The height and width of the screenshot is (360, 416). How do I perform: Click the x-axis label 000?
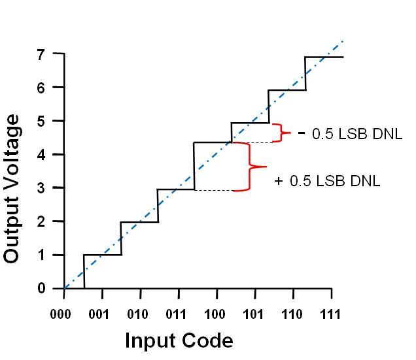pyautogui.click(x=64, y=313)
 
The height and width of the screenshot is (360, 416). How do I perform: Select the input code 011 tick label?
pyautogui.click(x=176, y=313)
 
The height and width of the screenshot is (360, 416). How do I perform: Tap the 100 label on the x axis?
pyautogui.click(x=214, y=313)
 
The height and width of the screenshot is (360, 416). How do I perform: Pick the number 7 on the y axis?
pyautogui.click(x=41, y=54)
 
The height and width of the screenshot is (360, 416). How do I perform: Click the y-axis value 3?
pyautogui.click(x=41, y=188)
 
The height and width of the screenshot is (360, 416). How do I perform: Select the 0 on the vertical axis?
pyautogui.click(x=41, y=288)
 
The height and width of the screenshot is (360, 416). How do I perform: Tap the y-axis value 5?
pyautogui.click(x=41, y=121)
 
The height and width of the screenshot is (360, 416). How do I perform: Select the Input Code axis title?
pyautogui.click(x=179, y=340)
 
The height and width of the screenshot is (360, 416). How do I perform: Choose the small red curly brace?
pyautogui.click(x=281, y=133)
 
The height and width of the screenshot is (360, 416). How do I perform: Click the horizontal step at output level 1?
pyautogui.click(x=103, y=255)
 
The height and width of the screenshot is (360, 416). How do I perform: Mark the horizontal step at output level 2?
pyautogui.click(x=139, y=221)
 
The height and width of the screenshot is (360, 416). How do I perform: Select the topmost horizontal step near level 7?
pyautogui.click(x=324, y=57)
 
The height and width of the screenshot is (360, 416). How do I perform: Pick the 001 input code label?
pyautogui.click(x=101, y=313)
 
